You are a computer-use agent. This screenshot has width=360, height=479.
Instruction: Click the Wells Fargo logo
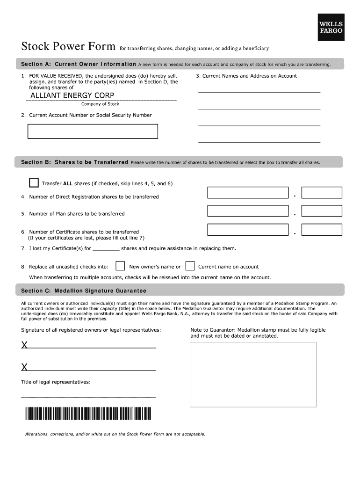(331, 27)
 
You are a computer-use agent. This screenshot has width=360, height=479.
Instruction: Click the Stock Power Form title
(68, 47)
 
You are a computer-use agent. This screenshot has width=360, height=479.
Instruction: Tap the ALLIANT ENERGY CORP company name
(72, 95)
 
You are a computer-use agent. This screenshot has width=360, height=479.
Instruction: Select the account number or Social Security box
(93, 131)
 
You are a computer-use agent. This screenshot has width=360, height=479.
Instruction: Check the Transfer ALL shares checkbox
(34, 182)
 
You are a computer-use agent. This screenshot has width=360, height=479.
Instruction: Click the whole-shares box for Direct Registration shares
(248, 193)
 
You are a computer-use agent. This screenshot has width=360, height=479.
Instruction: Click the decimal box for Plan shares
(322, 211)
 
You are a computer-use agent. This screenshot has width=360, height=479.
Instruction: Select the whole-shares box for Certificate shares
(248, 230)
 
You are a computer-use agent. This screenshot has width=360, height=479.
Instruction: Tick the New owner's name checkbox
(120, 266)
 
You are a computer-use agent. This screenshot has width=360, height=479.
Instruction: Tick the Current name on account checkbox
(190, 266)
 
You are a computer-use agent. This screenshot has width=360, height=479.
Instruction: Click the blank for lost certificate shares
(106, 249)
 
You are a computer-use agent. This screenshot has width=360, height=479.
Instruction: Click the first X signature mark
(24, 346)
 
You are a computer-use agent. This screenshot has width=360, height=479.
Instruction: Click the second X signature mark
(24, 367)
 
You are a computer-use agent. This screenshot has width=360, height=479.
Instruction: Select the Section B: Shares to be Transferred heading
(75, 162)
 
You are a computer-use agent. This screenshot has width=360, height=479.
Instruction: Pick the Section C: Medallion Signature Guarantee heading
(84, 291)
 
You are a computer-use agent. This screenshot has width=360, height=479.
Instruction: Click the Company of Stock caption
(100, 104)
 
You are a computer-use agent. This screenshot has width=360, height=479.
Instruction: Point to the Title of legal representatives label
(56, 382)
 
